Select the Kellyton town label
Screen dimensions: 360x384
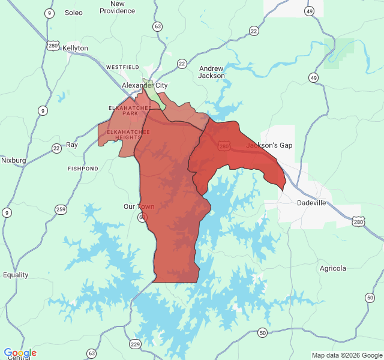click(x=75, y=48)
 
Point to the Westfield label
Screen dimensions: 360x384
click(x=122, y=67)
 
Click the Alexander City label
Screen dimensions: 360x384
click(x=144, y=86)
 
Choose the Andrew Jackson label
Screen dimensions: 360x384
click(x=211, y=72)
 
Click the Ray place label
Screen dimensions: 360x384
click(x=72, y=145)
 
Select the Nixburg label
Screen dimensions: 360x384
click(x=13, y=160)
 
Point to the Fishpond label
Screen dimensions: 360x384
click(x=83, y=169)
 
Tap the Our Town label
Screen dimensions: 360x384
click(x=139, y=206)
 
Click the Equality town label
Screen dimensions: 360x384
click(x=15, y=275)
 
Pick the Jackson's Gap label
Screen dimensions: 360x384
click(x=262, y=146)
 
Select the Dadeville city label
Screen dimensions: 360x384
click(x=311, y=203)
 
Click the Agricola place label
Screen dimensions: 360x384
click(x=333, y=268)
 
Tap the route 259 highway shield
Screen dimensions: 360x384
click(x=61, y=209)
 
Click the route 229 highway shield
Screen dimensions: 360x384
click(x=135, y=344)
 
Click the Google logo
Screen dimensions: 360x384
click(x=20, y=353)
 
